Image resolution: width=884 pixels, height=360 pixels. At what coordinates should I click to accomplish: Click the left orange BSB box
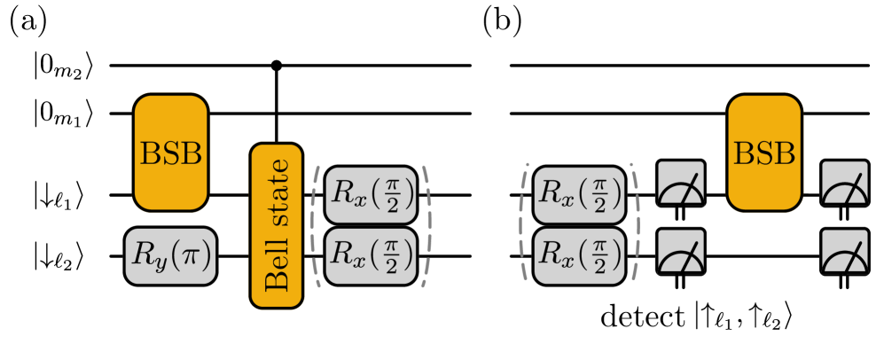[171, 153]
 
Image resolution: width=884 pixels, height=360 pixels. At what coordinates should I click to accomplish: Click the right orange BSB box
[763, 153]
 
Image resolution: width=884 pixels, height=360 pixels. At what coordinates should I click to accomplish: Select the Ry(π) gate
[170, 256]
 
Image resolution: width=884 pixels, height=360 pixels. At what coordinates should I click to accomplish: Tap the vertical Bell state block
[277, 225]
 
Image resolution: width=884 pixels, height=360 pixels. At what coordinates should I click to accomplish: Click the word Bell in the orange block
[277, 266]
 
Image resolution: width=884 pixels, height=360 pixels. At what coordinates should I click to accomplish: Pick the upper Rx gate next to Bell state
[370, 194]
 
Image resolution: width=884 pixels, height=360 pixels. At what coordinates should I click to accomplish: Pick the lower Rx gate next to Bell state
[370, 256]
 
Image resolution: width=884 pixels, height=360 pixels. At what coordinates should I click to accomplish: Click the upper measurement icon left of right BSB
[680, 183]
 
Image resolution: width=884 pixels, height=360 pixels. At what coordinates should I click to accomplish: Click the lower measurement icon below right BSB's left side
[680, 252]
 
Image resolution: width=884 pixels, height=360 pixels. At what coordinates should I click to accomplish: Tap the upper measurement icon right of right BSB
[844, 183]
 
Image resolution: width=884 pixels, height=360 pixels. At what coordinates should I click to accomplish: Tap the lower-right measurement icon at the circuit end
[844, 252]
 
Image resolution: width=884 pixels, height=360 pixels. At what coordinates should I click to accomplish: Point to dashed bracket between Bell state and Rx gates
[316, 225]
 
